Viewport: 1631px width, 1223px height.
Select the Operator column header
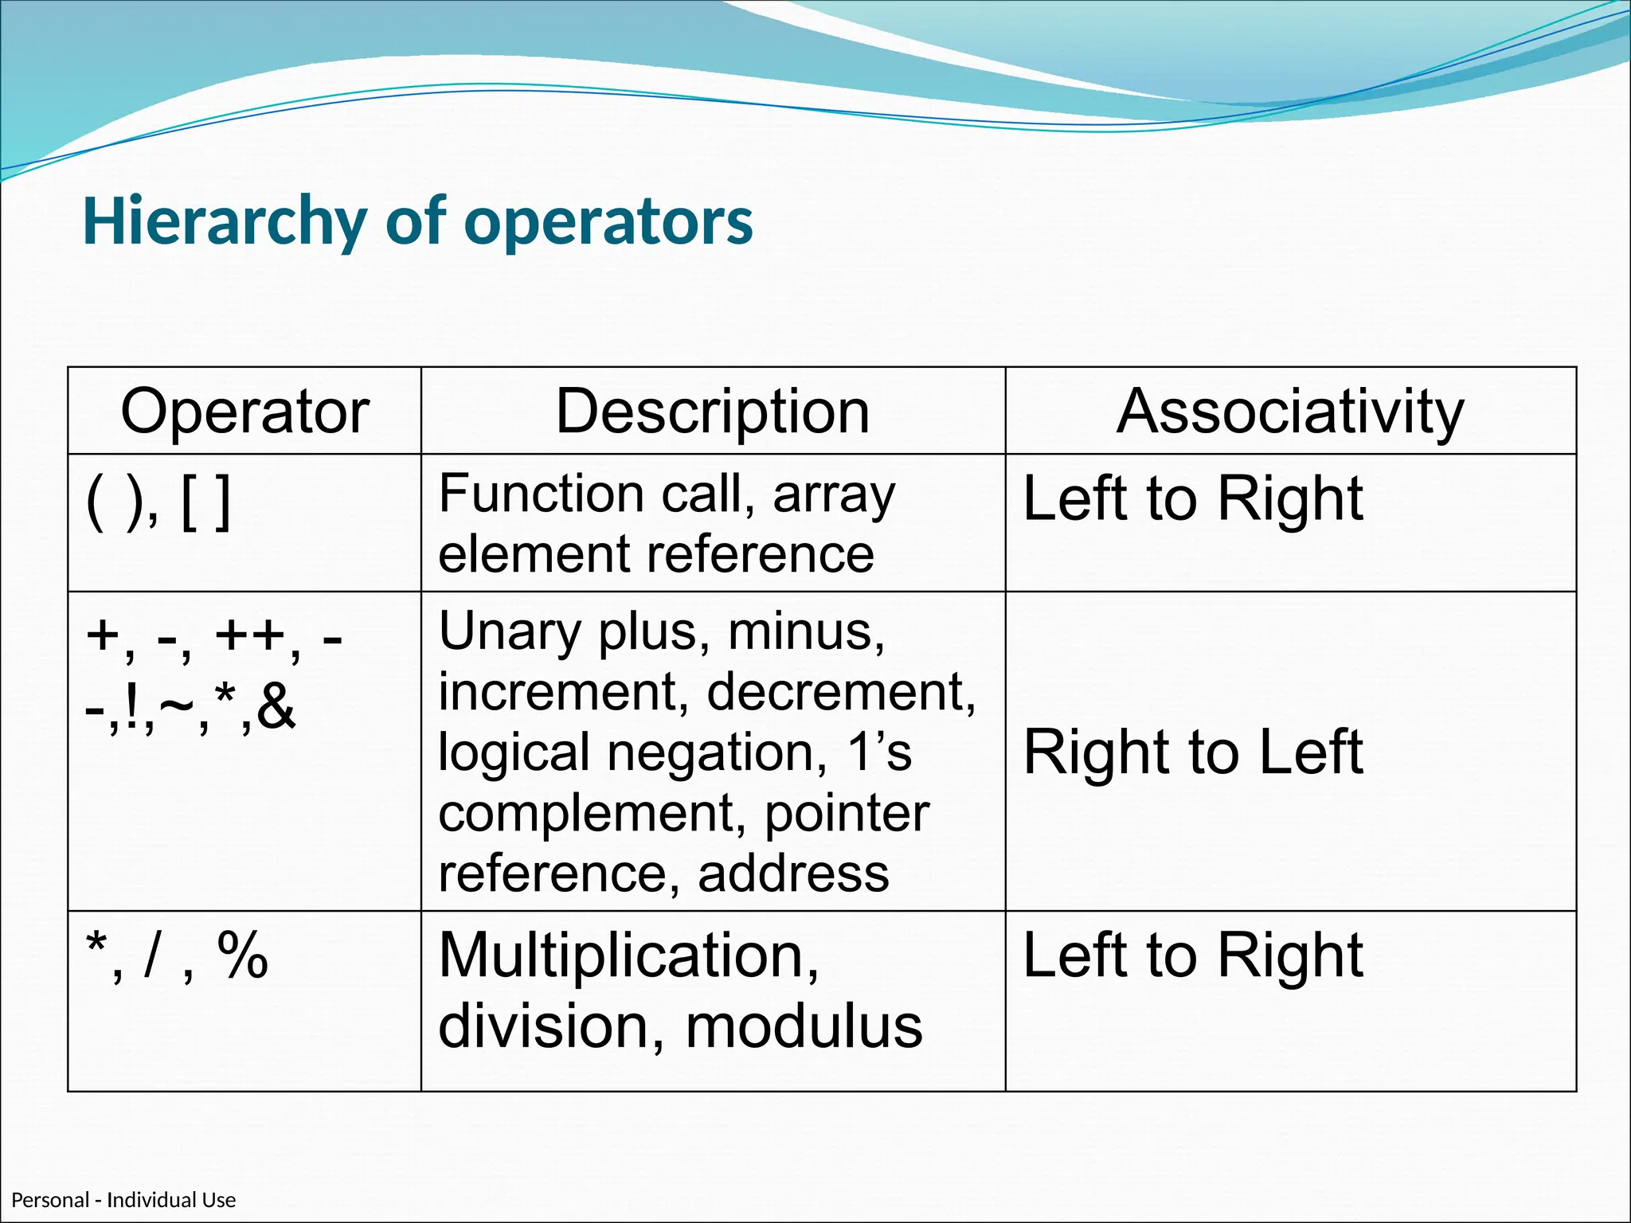(244, 412)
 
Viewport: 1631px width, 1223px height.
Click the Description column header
(712, 412)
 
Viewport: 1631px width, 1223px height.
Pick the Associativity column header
(1290, 412)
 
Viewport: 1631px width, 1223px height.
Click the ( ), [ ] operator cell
(158, 502)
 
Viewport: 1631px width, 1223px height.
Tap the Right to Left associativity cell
(1192, 752)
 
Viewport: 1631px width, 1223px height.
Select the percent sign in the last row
(242, 955)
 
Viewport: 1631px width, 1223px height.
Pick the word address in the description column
(793, 873)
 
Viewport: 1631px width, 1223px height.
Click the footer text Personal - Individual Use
(123, 1200)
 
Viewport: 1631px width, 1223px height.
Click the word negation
(717, 752)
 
